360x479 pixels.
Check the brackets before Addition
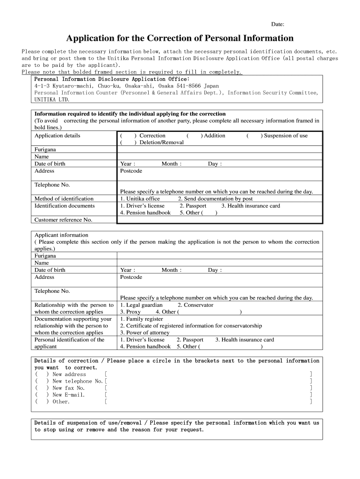[194, 136]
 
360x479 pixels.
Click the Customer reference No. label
[63, 220]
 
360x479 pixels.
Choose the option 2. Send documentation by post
[212, 199]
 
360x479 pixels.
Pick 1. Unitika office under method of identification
[140, 199]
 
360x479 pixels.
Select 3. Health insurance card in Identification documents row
[251, 206]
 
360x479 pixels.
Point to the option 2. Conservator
[195, 305]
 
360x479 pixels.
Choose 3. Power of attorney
[144, 333]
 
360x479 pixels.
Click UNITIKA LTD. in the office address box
[52, 100]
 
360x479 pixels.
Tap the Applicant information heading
[61, 235]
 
